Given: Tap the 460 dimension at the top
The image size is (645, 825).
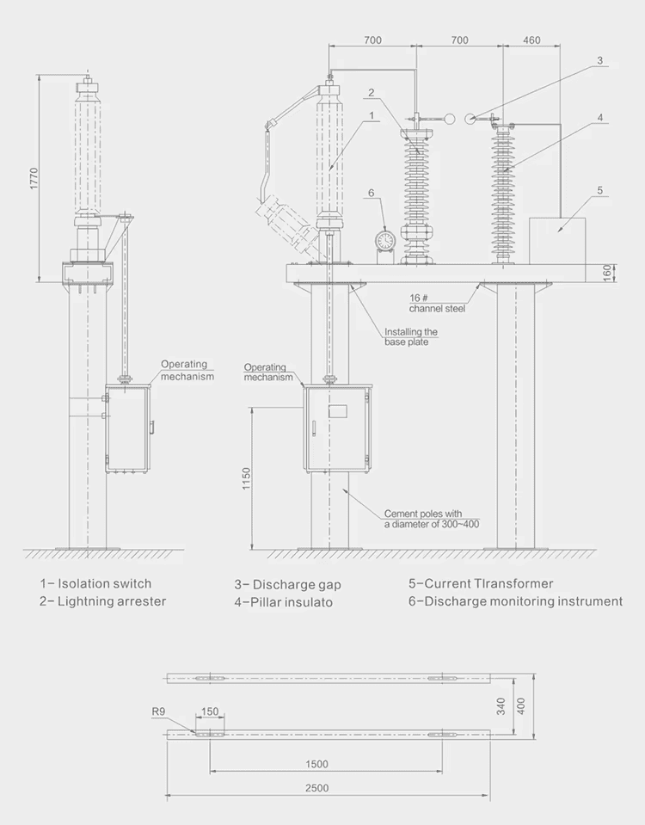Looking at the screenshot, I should [x=531, y=40].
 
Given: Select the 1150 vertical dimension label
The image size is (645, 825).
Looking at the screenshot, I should [x=246, y=479].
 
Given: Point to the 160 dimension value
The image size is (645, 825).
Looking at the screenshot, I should [x=607, y=273].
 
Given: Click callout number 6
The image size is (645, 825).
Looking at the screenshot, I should [x=371, y=194].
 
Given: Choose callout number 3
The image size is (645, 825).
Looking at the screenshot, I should [x=600, y=61].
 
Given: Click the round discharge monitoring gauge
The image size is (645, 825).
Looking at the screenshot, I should [x=384, y=239].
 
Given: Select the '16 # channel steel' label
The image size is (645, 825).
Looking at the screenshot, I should [x=437, y=302].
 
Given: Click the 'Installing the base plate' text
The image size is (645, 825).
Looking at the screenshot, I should [x=410, y=336].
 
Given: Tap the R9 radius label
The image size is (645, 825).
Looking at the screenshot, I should [x=158, y=711].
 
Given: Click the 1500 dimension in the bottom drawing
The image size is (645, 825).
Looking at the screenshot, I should [x=316, y=764].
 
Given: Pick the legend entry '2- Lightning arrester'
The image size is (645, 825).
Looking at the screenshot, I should [x=102, y=601].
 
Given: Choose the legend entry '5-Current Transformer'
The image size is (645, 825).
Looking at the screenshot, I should [x=481, y=583].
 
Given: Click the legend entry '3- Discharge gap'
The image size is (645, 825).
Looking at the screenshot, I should [x=287, y=585].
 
